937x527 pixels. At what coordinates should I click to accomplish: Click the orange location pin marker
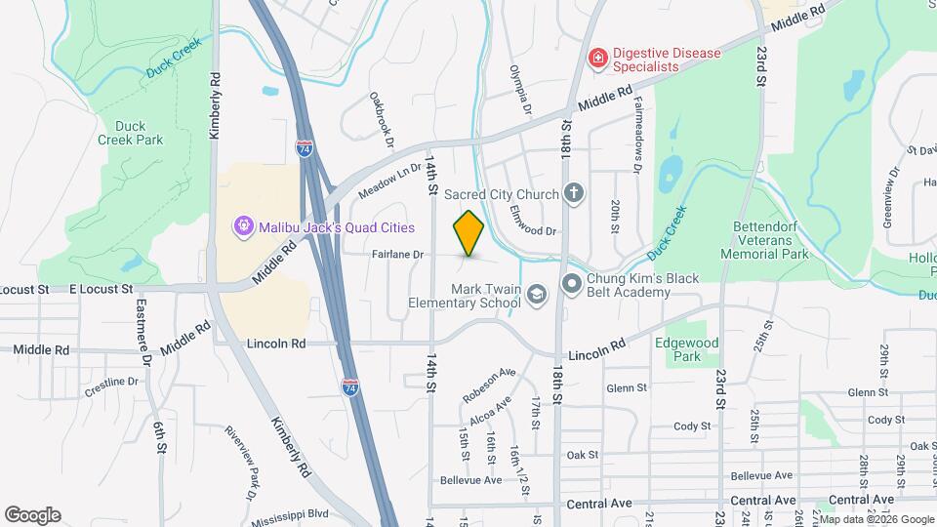coord(469,233)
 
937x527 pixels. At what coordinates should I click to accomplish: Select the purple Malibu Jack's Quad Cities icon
coord(243,226)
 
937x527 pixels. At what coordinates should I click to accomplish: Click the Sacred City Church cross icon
coord(574,194)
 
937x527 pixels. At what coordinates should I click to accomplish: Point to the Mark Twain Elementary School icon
coord(536,294)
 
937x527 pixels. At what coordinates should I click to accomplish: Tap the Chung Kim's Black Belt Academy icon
coord(572,284)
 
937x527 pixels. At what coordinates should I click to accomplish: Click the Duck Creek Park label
coord(130,133)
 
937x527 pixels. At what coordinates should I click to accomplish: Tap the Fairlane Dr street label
coord(399,255)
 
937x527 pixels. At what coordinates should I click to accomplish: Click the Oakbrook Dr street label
coord(381,120)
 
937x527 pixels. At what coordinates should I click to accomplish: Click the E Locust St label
coord(101,290)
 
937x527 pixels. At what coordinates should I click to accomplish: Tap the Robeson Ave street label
coord(489,385)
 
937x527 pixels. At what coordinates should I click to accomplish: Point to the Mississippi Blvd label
coord(290,517)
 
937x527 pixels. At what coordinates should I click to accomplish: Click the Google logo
coord(32,515)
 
